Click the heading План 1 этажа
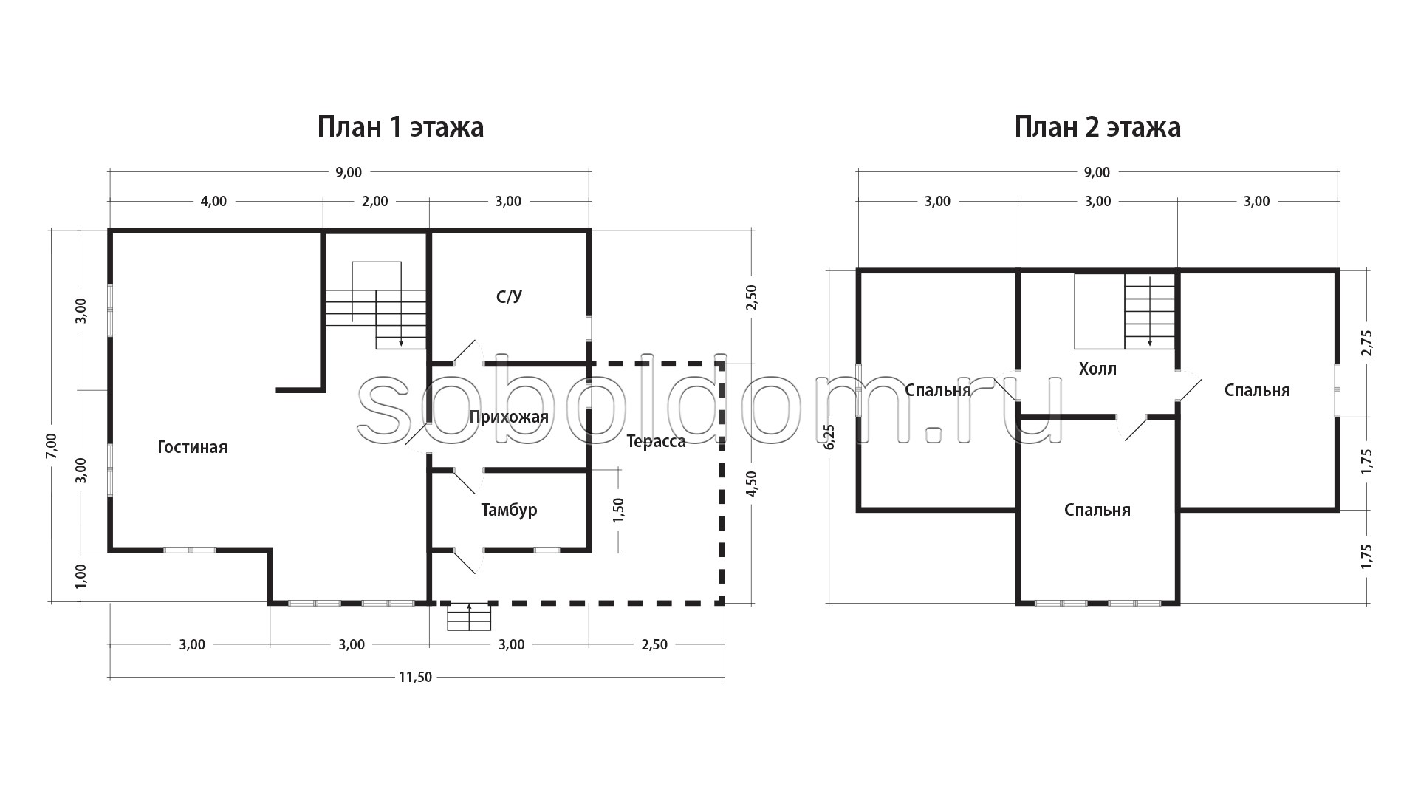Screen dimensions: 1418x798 tap(400, 127)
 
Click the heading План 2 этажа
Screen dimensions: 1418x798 tap(1097, 127)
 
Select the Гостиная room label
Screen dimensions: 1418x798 tap(193, 447)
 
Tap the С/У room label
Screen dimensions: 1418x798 tap(510, 297)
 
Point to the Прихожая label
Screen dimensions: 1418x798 tap(509, 417)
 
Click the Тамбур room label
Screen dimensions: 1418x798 tap(509, 510)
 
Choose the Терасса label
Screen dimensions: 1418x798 tap(656, 442)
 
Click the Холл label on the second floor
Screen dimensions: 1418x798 tap(1097, 369)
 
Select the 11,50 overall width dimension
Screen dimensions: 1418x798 tap(415, 677)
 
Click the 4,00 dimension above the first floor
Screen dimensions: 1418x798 tap(213, 201)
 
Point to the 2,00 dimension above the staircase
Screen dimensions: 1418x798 tap(374, 201)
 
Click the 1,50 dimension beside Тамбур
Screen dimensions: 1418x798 tap(619, 511)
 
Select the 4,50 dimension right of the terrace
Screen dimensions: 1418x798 tap(752, 483)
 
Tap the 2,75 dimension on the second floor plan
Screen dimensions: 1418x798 tap(1366, 343)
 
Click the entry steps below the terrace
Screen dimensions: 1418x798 tap(469, 617)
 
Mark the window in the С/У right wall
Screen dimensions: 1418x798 tap(589, 328)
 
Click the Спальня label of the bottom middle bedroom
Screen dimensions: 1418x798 tap(1097, 510)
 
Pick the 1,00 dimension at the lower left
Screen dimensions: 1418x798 tap(81, 576)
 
